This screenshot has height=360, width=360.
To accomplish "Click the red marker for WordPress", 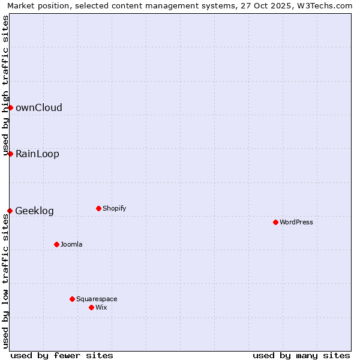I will (x=275, y=222).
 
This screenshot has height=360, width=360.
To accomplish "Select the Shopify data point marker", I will (x=98, y=208).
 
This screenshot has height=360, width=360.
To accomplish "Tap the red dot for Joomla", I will (x=56, y=244).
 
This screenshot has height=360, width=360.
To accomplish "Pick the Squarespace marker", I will (x=72, y=299).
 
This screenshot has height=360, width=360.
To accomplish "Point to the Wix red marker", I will (x=91, y=307).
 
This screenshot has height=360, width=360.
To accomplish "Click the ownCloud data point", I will (x=10, y=107).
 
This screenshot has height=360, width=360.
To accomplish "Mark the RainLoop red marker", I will (x=10, y=154).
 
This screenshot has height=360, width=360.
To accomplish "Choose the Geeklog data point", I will (x=10, y=211).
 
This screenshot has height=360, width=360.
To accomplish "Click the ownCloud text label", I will (x=39, y=108).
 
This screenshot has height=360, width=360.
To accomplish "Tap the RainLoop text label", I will (x=37, y=154).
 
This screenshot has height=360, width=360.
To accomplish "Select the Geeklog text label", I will (x=34, y=211).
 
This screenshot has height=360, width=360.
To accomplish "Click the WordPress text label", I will (x=296, y=223).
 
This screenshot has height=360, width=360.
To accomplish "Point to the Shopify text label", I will (x=115, y=209).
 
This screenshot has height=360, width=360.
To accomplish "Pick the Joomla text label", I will (x=71, y=245).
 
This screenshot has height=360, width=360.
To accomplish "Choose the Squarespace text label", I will (x=97, y=299).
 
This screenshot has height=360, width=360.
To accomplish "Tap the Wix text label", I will (x=101, y=308).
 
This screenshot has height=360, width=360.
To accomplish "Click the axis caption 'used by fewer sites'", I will (x=62, y=355).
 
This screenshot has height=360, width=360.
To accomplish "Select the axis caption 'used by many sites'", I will (x=301, y=355).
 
